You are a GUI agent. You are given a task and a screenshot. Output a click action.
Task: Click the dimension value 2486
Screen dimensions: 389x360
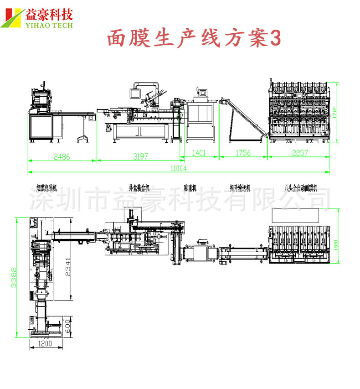(62, 156)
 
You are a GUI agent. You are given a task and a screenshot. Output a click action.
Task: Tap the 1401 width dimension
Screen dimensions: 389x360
(198, 153)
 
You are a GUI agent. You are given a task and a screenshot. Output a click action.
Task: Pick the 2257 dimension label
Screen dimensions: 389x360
(299, 153)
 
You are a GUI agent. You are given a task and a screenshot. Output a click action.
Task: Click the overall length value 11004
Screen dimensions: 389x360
(179, 168)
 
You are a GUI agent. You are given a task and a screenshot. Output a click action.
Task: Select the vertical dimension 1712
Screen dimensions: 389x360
(334, 112)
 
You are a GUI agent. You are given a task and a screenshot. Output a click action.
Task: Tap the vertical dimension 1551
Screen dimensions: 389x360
(336, 245)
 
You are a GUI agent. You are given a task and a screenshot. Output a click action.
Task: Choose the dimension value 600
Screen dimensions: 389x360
(67, 327)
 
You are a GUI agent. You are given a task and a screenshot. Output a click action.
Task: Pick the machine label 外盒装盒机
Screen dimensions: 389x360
(139, 187)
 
